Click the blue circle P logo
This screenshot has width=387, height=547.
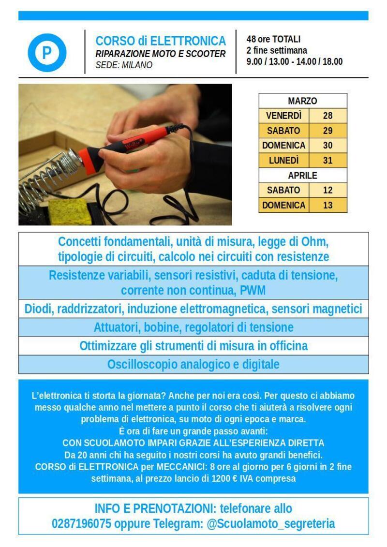tap(47, 53)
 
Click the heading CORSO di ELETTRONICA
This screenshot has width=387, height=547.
tap(161, 41)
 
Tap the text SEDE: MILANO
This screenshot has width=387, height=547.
tap(123, 65)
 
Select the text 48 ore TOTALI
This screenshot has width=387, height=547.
tap(273, 39)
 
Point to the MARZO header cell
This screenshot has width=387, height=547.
tap(302, 101)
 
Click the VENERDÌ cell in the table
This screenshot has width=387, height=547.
tap(283, 116)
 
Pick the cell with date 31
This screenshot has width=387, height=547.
tap(327, 160)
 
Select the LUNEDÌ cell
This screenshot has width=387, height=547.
tap(283, 160)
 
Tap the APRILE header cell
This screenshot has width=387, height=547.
tap(302, 175)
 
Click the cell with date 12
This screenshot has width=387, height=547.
tap(327, 190)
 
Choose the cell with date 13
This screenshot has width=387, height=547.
tap(327, 205)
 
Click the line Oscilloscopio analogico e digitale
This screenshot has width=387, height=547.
tap(193, 364)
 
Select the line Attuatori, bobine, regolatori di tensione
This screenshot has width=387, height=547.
tap(193, 327)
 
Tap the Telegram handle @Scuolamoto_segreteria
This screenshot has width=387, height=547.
tap(271, 524)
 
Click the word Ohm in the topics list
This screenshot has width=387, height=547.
tap(314, 241)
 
